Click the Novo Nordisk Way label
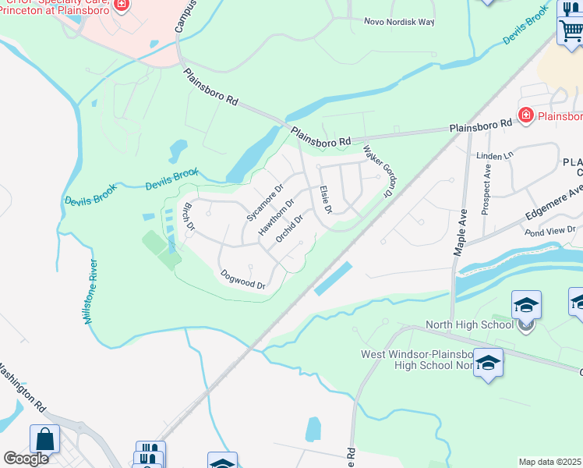coord(399,22)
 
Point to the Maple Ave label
coord(461,232)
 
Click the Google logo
coord(25,458)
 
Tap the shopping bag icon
coord(44,439)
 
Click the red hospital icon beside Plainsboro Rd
coord(525,115)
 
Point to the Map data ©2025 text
coord(550,462)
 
